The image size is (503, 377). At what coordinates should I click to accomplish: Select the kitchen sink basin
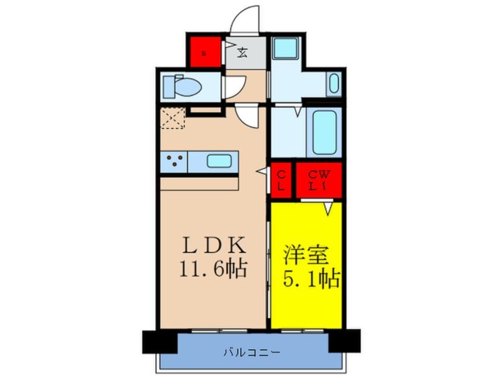click(x=218, y=161)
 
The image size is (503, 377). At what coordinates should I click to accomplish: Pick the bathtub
click(x=325, y=132)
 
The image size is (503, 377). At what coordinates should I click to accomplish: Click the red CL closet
click(x=281, y=180)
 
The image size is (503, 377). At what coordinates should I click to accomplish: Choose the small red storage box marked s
click(x=205, y=52)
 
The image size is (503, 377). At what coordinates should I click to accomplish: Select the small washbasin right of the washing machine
click(x=333, y=84)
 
